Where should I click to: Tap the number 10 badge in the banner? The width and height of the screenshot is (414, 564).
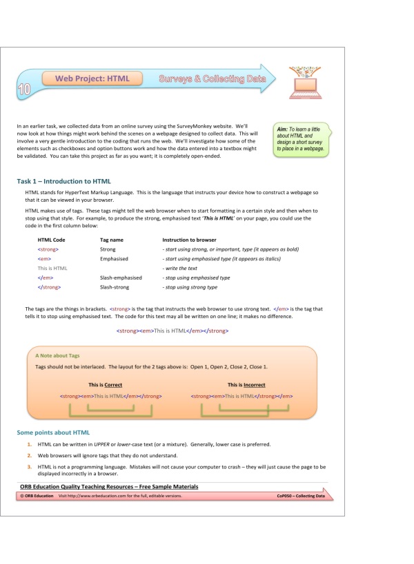pyautogui.click(x=24, y=90)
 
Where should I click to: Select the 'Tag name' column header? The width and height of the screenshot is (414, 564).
pyautogui.click(x=112, y=239)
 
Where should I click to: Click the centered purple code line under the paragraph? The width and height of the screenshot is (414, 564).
pyautogui.click(x=172, y=331)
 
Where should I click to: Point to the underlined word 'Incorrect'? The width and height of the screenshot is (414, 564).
pyautogui.click(x=254, y=385)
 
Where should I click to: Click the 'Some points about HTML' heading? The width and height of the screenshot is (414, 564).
pyautogui.click(x=53, y=432)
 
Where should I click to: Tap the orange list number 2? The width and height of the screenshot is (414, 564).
pyautogui.click(x=30, y=456)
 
